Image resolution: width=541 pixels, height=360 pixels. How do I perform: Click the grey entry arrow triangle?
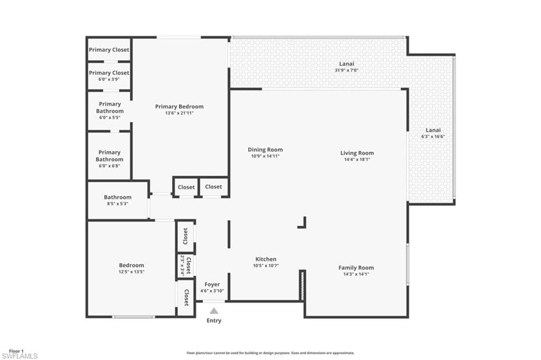click(213, 311)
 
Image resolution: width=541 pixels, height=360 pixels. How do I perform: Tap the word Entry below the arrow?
click(213, 321)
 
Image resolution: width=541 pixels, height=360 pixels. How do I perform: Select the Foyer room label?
click(212, 284)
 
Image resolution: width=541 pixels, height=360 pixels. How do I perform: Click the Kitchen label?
click(266, 259)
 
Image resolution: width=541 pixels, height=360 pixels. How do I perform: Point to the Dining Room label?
click(266, 150)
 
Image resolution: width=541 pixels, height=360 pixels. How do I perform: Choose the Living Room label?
click(357, 153)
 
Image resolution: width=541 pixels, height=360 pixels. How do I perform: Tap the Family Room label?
click(356, 267)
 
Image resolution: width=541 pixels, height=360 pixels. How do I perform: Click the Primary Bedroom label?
click(179, 106)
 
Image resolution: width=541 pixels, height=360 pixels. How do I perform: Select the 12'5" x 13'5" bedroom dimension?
click(131, 272)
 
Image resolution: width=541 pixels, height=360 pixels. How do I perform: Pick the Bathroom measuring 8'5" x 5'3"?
click(117, 200)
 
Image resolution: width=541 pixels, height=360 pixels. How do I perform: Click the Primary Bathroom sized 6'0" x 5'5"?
click(109, 110)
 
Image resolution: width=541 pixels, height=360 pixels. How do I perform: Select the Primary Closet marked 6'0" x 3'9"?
click(109, 75)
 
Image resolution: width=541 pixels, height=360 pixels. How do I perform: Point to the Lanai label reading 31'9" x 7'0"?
click(347, 67)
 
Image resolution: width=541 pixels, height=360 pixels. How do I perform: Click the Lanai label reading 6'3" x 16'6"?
click(433, 133)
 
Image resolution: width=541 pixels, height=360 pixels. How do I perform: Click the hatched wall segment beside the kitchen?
click(302, 285)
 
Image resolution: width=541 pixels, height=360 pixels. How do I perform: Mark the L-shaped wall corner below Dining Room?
click(303, 224)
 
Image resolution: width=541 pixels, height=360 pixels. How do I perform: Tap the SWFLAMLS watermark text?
click(20, 356)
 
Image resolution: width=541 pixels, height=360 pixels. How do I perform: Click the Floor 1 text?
click(16, 350)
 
